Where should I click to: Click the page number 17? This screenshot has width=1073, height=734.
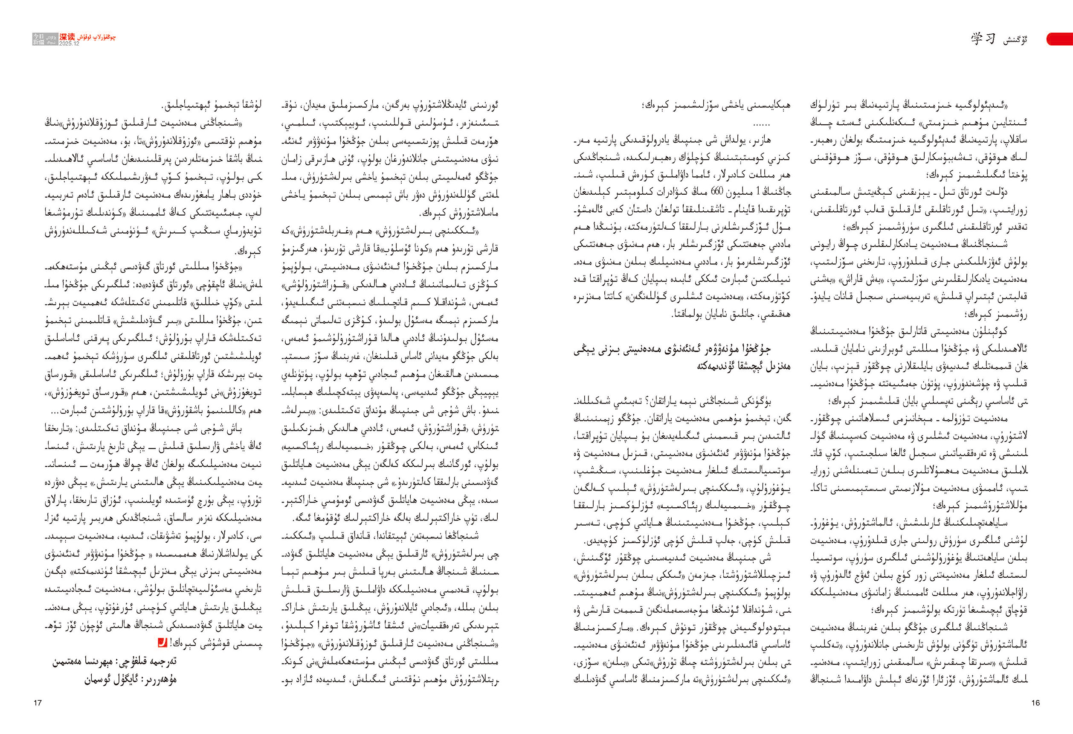(x=38, y=703)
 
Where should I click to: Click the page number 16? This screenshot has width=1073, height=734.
(x=1035, y=702)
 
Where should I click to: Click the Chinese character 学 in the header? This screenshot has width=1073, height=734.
(x=977, y=39)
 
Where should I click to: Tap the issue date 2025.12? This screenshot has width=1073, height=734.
(x=69, y=44)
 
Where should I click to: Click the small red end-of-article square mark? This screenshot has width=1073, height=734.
(x=162, y=642)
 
